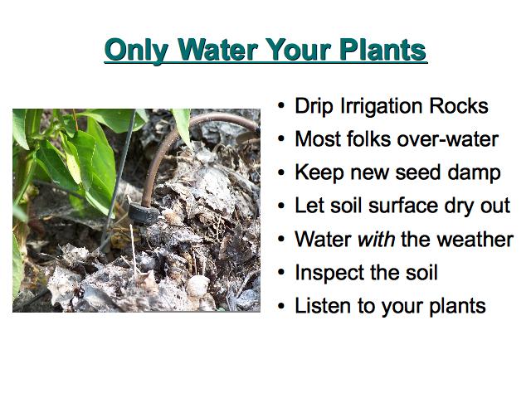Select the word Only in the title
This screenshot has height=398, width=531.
coord(137,51)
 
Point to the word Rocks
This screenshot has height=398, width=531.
coord(459,105)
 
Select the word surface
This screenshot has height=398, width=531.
coord(403,206)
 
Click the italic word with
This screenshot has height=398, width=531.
coord(376,239)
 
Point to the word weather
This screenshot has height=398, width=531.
coord(475,239)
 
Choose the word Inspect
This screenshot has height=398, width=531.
coord(329,274)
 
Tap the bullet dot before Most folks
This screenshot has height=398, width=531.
coord(281,139)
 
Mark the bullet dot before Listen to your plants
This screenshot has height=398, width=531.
coord(281,306)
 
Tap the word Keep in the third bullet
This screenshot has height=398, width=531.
coord(319,173)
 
